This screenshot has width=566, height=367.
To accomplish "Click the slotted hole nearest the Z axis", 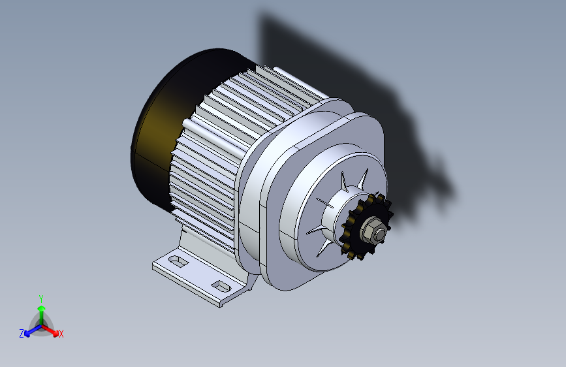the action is click(178, 261).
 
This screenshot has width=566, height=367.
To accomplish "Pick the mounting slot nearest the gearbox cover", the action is click(221, 287).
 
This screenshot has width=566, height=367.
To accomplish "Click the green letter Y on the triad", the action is click(41, 298).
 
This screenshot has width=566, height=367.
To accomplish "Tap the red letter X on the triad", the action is click(61, 334).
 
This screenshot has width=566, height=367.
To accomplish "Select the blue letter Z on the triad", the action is click(22, 334).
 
